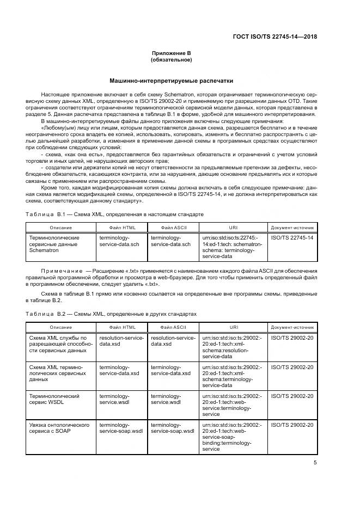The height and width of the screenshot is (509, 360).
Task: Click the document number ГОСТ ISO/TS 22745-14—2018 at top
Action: coord(274,37)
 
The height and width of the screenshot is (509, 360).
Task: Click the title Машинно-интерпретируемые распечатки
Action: coord(171,81)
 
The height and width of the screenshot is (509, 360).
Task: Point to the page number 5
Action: coord(315,463)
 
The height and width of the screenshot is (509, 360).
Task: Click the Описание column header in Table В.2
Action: coord(60,327)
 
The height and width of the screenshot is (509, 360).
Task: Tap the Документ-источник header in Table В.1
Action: coord(292,227)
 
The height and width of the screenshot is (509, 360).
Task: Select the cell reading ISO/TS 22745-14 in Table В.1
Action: coord(292,238)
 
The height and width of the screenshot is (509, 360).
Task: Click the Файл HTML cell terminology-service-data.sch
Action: coord(119,241)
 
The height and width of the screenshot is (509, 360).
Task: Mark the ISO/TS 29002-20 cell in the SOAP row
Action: coord(292,425)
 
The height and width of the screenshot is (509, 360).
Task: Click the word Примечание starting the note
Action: coord(60,271)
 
